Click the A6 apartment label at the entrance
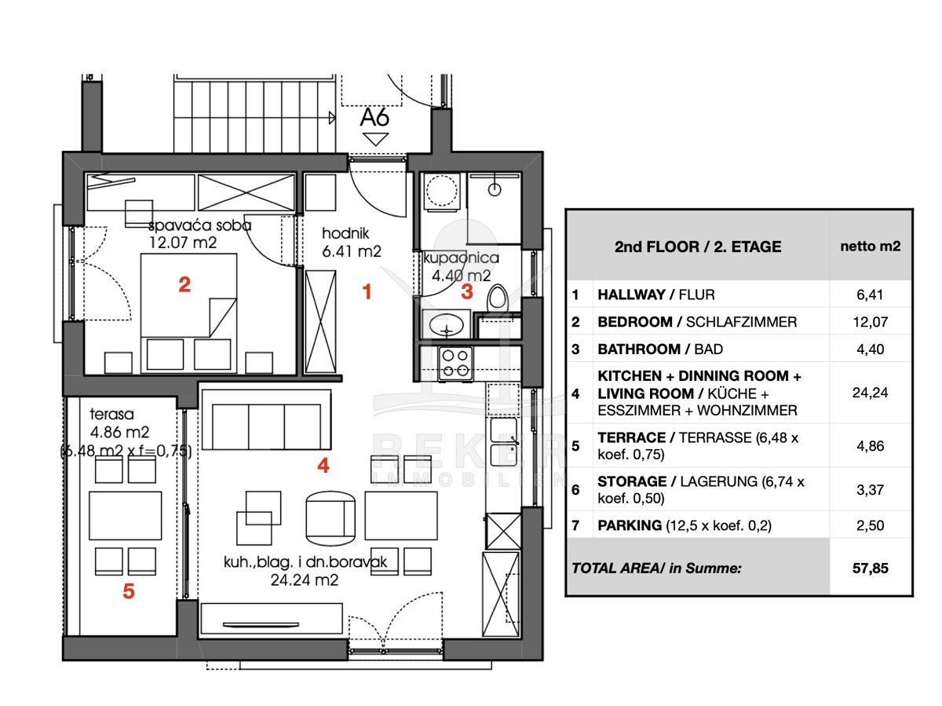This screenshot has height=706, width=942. [374, 117]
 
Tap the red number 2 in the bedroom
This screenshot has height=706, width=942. [184, 284]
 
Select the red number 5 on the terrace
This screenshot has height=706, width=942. [129, 591]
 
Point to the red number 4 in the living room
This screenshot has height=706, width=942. [323, 465]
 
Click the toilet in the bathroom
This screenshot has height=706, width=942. [498, 296]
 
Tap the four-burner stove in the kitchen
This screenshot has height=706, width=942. [455, 364]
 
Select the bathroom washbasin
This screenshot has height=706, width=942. [447, 324]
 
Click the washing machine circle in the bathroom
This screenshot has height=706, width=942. [441, 190]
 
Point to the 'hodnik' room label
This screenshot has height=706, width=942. [345, 233]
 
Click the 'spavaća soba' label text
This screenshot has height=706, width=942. [200, 225]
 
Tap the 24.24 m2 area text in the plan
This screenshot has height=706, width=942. [305, 580]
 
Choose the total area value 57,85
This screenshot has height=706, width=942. [871, 569]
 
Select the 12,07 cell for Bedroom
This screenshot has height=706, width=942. [871, 322]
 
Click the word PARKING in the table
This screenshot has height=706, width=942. [630, 525]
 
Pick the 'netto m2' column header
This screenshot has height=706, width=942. [871, 247]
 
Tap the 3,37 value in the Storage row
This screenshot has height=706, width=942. [871, 490]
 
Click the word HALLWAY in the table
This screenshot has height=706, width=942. [631, 294]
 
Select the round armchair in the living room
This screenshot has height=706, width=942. [330, 518]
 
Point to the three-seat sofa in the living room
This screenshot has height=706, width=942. [266, 420]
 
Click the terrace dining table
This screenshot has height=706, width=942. [126, 515]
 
